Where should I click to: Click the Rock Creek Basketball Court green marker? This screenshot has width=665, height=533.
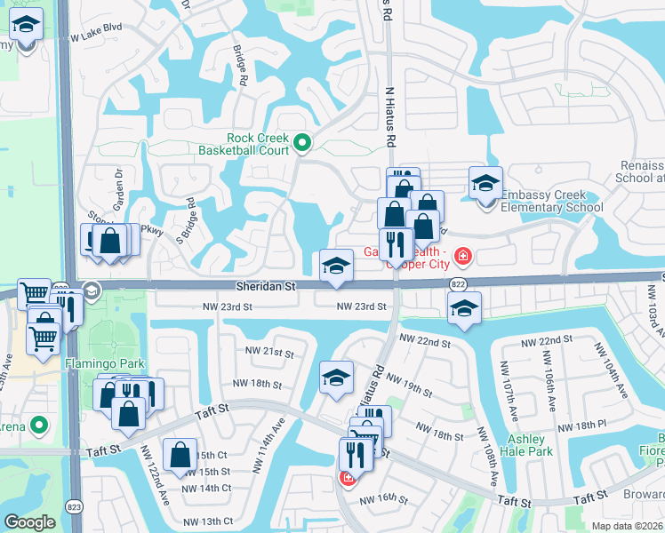point(302,142)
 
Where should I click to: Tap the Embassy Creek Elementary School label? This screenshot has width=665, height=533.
point(551,202)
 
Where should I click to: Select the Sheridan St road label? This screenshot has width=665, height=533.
point(265,287)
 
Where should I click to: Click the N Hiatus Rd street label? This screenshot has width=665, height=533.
point(389,116)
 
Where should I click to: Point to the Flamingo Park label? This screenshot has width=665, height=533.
point(99,363)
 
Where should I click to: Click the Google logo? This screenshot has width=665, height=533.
point(29,522)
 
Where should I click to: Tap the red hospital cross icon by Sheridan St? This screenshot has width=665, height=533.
point(462,258)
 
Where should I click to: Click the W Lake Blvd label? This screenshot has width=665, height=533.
point(95,39)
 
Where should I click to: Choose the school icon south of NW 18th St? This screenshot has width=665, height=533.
point(336,378)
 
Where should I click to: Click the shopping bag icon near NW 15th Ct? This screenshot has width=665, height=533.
point(180,455)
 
